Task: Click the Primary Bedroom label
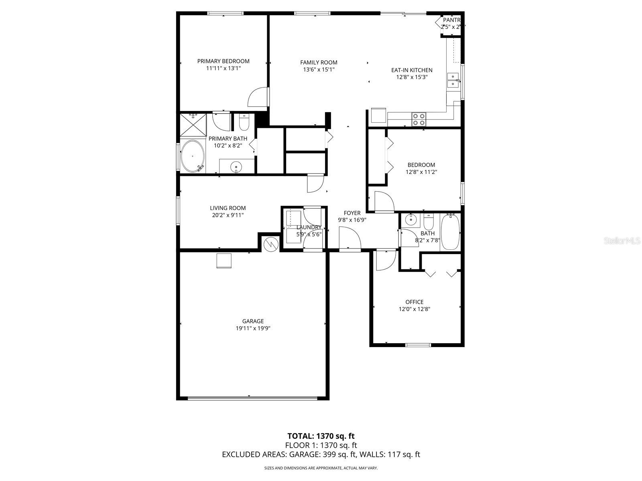point(223,61)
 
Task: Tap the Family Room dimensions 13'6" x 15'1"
point(319,69)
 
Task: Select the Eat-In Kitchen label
point(412,70)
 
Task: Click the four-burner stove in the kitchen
point(419,119)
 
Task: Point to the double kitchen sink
point(453,80)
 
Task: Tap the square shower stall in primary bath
point(193,125)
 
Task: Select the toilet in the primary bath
point(244,122)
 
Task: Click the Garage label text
point(253,321)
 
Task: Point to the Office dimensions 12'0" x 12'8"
point(414,309)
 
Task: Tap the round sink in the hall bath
point(410,220)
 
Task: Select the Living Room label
point(228,208)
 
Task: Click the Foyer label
point(352,213)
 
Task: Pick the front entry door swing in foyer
point(350,238)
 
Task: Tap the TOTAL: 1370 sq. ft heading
point(321,436)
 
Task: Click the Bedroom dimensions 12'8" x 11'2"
point(421,172)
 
